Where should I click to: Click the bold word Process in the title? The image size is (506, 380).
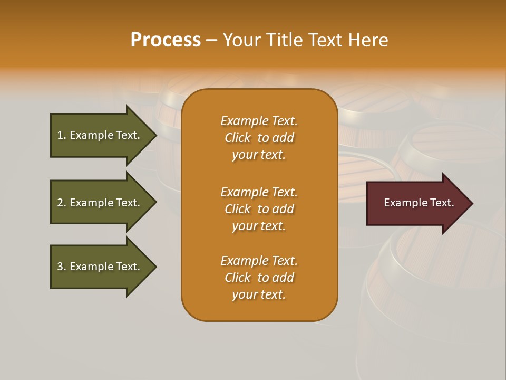coord(166,40)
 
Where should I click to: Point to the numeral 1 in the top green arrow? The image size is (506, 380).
coord(60,135)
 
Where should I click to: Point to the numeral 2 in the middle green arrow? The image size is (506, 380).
coord(60,203)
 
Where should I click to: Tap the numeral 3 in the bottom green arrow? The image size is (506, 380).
coord(60,267)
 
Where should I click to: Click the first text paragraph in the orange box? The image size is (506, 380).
coord(259,138)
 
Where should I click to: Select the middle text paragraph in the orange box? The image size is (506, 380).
coord(259,209)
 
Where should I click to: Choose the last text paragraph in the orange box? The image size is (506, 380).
coord(259,278)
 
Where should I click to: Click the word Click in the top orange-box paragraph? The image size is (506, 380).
coord(238,138)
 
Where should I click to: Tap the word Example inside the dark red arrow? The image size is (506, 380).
coord(402,203)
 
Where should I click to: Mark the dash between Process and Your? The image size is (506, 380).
coord(211,40)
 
